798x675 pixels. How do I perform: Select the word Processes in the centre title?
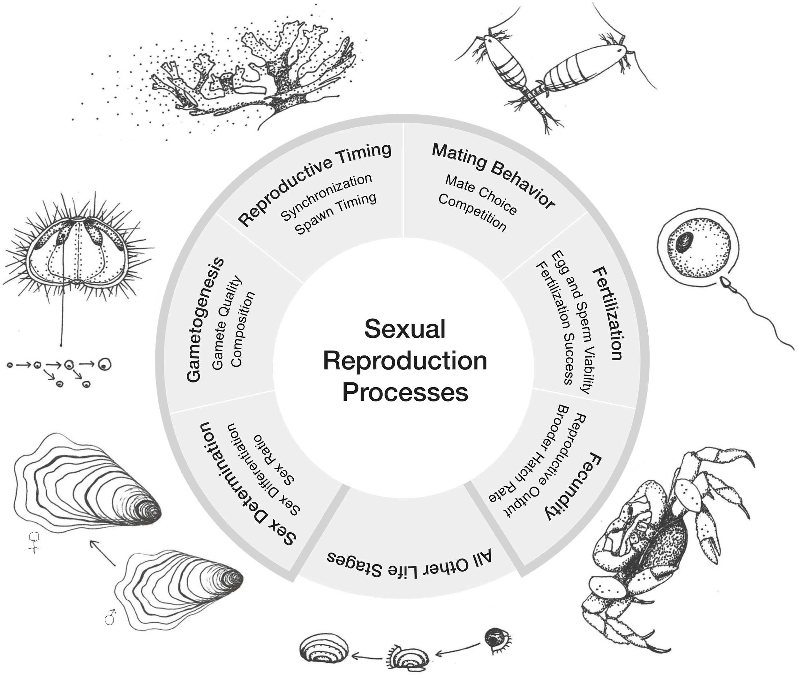click(405, 392)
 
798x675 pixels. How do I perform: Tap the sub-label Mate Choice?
click(481, 194)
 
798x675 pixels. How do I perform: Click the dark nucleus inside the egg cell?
click(684, 242)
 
